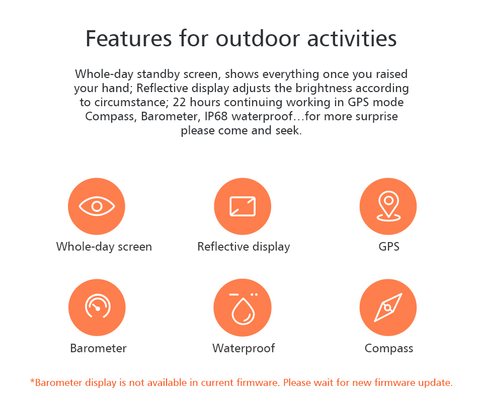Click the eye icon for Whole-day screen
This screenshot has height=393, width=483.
97,206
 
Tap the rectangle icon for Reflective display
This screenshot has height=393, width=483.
243,206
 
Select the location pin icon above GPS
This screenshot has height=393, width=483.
388,206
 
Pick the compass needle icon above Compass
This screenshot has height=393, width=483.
388,307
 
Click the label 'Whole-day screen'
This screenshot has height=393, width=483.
104,247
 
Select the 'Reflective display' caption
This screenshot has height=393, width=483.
244,247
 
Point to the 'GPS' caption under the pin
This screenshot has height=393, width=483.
389,247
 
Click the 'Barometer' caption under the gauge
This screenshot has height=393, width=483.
98,348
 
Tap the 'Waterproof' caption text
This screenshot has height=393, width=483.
244,348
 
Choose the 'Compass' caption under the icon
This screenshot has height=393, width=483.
389,348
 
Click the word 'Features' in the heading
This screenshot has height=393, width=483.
128,39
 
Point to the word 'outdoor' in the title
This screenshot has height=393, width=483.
258,39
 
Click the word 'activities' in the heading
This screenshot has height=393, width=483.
352,39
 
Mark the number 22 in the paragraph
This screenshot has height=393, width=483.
179,102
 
